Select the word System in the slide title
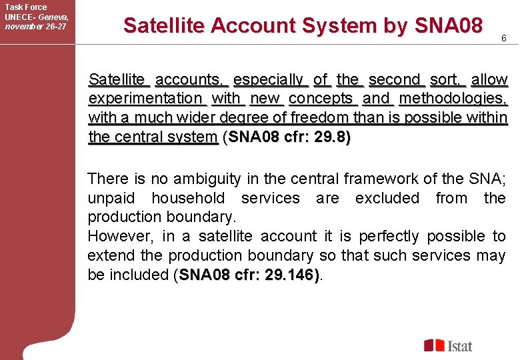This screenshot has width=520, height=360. tap(340, 26)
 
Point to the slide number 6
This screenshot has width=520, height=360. tap(504, 39)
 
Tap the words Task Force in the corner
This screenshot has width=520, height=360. tap(26, 7)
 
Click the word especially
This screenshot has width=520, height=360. tap(271, 80)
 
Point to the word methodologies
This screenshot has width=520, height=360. tap(453, 99)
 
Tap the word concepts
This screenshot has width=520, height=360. tap(321, 99)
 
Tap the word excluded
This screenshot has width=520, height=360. tap(387, 199)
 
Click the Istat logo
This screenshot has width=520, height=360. tap(448, 345)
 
